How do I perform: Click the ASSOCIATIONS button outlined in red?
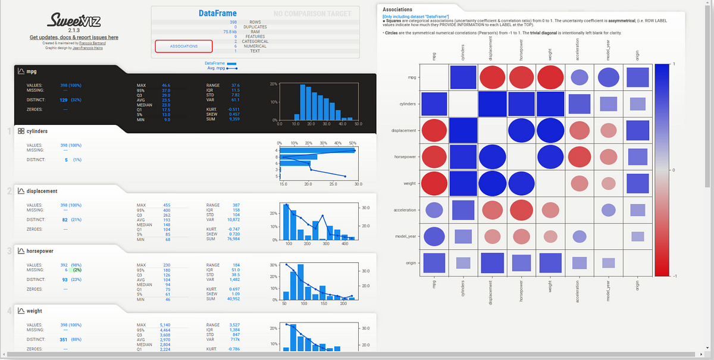(x=183, y=46)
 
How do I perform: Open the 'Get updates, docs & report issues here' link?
(x=74, y=37)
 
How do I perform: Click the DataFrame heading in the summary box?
(x=217, y=13)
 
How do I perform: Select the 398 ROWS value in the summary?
(x=233, y=22)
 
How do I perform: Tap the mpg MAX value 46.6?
(x=166, y=85)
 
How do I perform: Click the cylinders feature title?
(x=37, y=131)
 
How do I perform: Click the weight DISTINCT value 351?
(x=64, y=339)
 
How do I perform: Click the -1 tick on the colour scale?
(x=674, y=276)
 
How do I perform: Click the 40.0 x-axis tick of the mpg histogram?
(x=342, y=124)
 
